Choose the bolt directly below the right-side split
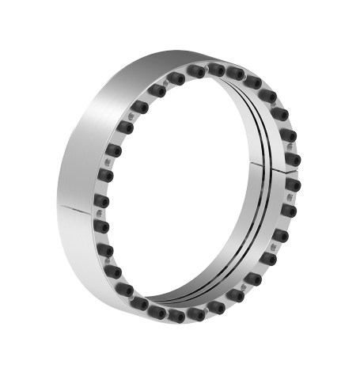coord(294,185)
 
